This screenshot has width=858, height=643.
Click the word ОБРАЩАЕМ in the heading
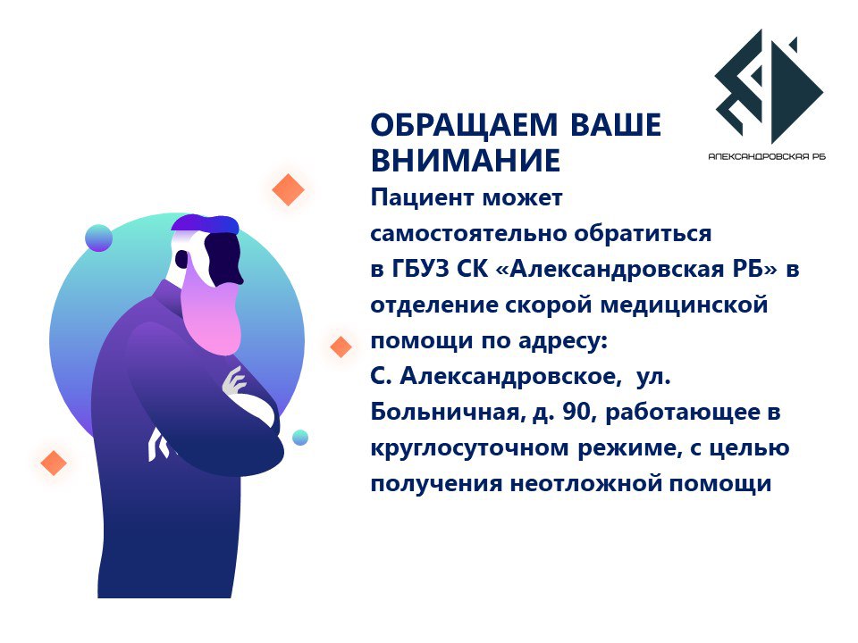pyautogui.click(x=464, y=125)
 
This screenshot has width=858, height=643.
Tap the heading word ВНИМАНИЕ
pyautogui.click(x=466, y=160)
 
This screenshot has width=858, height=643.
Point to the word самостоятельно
pyautogui.click(x=468, y=233)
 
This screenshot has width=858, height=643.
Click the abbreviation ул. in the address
pyautogui.click(x=653, y=376)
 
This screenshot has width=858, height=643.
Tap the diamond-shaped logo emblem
pyautogui.click(x=769, y=87)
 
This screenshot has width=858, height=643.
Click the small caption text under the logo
pyautogui.click(x=767, y=157)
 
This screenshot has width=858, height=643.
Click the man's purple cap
pyautogui.click(x=205, y=223)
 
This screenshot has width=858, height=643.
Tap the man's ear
pyautogui.click(x=181, y=260)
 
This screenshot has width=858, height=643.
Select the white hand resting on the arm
pyautogui.click(x=235, y=382)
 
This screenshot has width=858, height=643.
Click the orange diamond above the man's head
pyautogui.click(x=289, y=189)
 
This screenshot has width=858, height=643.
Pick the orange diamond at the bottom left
pyautogui.click(x=54, y=463)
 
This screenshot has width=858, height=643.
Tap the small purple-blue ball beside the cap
pyautogui.click(x=99, y=238)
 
